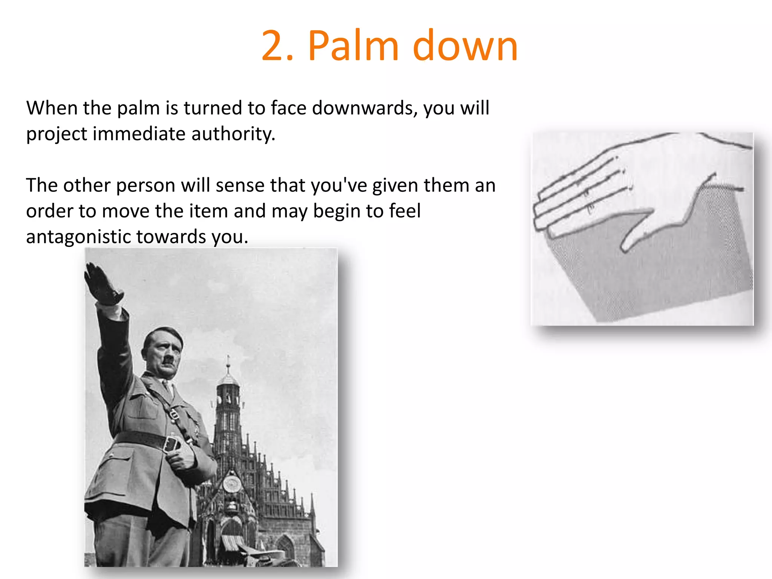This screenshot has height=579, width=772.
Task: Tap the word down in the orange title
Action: click(465, 46)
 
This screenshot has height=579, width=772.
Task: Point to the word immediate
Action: click(139, 134)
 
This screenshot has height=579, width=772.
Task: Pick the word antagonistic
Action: click(78, 237)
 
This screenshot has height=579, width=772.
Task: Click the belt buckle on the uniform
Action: click(172, 444)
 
